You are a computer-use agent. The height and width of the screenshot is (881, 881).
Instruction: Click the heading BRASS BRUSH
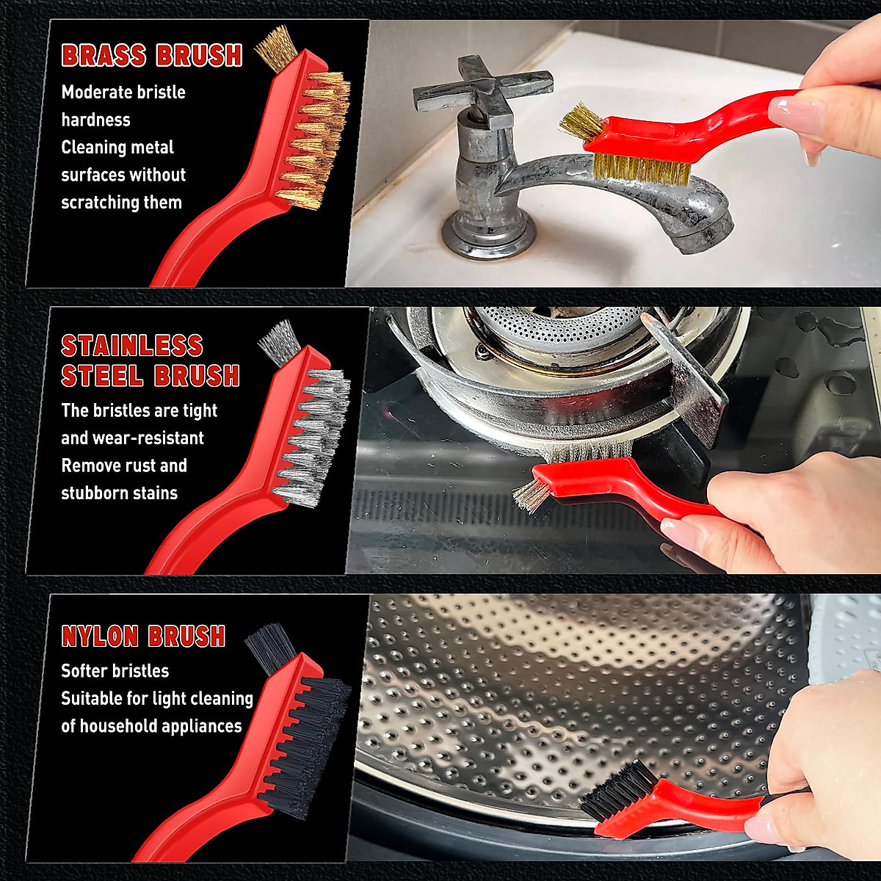coord(151,56)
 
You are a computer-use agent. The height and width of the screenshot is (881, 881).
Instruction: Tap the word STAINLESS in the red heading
coord(131,346)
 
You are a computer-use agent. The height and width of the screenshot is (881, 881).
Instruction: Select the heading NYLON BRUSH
coord(143,636)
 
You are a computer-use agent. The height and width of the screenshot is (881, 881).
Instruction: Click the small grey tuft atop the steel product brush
coord(279,343)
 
